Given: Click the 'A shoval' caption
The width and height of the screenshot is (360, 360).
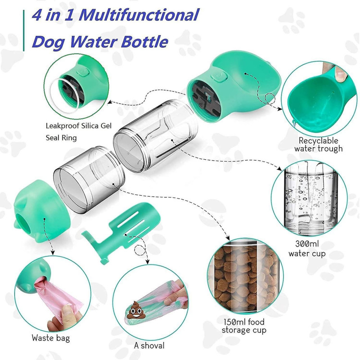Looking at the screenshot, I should pos(149,346).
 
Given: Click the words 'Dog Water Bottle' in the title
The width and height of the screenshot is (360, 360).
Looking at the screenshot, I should pos(99,42).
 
